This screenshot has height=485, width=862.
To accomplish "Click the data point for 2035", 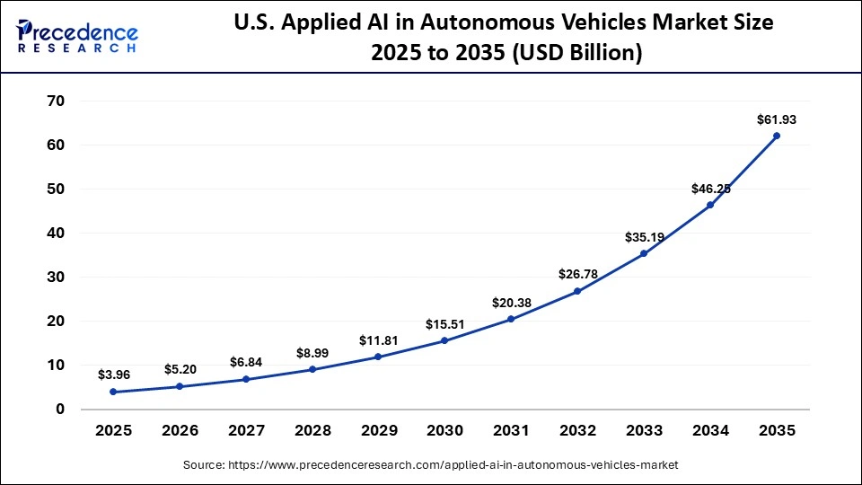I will coord(777,136).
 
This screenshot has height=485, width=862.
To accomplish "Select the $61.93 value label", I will coord(777,119).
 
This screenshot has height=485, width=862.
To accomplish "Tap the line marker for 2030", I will coord(444,340).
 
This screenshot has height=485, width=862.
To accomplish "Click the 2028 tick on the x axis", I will coord(312,431).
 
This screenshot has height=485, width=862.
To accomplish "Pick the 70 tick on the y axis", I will coord(55,101).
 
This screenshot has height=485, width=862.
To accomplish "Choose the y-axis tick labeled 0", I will coord(60,409).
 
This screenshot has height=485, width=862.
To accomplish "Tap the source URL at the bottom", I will coord(430,465).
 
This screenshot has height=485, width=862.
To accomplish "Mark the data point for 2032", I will coord(577,291).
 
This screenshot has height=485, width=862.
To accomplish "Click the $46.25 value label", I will coord(710,189).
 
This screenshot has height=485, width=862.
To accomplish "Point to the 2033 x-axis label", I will coord(644,431).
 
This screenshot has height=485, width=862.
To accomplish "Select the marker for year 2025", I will coord(112,392).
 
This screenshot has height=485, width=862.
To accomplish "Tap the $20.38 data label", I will coord(511,303).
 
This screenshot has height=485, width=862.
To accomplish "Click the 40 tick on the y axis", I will coord(55,233).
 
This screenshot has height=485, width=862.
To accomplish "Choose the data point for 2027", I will coord(245,379).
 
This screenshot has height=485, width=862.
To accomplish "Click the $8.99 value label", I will coord(312,353).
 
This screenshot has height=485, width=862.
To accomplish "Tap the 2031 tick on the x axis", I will coord(511,431).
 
